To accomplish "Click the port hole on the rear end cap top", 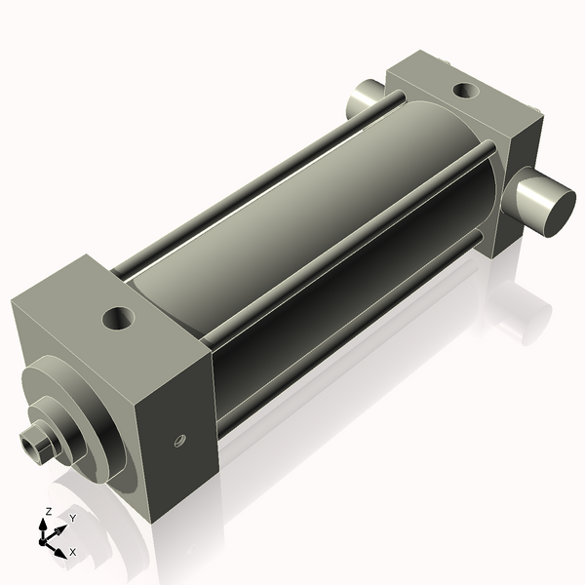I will pyautogui.click(x=466, y=92).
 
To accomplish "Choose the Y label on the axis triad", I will pyautogui.click(x=72, y=519).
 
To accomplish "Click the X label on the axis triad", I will pyautogui.click(x=72, y=552).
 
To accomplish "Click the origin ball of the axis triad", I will pyautogui.click(x=44, y=537).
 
